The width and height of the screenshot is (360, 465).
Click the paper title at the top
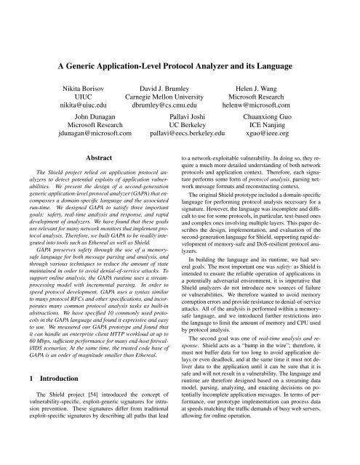coord(180,63)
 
